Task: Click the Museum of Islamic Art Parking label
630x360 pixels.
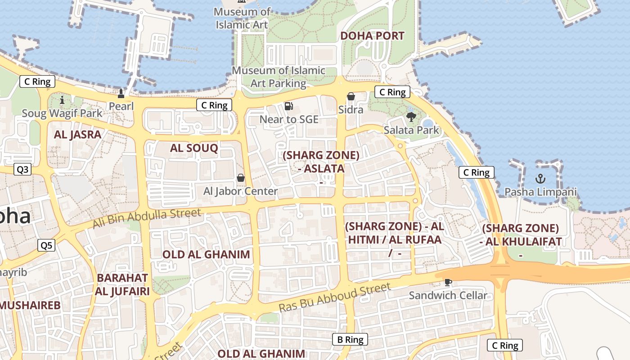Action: click(278, 77)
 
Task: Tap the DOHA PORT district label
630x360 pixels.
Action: click(372, 36)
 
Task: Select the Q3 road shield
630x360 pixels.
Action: click(22, 170)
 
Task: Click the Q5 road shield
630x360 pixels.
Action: click(46, 245)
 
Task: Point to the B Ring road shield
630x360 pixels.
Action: click(350, 340)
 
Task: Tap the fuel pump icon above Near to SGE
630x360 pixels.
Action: click(289, 106)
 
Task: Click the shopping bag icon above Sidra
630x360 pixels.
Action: click(351, 96)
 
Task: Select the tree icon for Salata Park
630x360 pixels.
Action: click(411, 117)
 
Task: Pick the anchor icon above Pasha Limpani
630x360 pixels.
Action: click(540, 179)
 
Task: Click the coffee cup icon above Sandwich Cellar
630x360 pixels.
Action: click(448, 282)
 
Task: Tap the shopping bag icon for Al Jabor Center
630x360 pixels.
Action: click(241, 178)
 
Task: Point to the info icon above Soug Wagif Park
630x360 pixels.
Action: click(62, 100)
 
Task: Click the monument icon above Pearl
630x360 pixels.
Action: click(121, 94)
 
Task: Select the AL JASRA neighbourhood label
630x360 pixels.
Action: click(77, 135)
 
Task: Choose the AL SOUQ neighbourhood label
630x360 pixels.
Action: click(194, 148)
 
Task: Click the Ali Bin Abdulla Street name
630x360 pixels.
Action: click(147, 217)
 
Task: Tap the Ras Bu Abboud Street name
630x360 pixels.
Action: click(335, 297)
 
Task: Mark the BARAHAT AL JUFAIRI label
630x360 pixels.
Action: click(122, 284)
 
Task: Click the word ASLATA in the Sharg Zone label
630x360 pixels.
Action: click(324, 169)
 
